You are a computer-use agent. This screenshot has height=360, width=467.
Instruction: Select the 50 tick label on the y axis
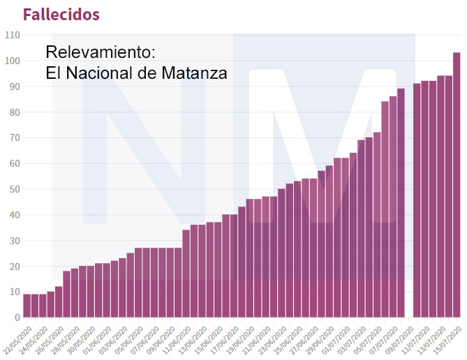(13, 189)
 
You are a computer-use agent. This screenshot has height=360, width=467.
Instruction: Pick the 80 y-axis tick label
(13, 112)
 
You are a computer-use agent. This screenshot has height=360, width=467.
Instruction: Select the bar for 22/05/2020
(27, 306)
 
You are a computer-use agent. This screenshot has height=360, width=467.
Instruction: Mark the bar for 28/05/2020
(75, 293)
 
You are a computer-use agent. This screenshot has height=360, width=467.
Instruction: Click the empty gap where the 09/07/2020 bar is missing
(409, 209)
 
